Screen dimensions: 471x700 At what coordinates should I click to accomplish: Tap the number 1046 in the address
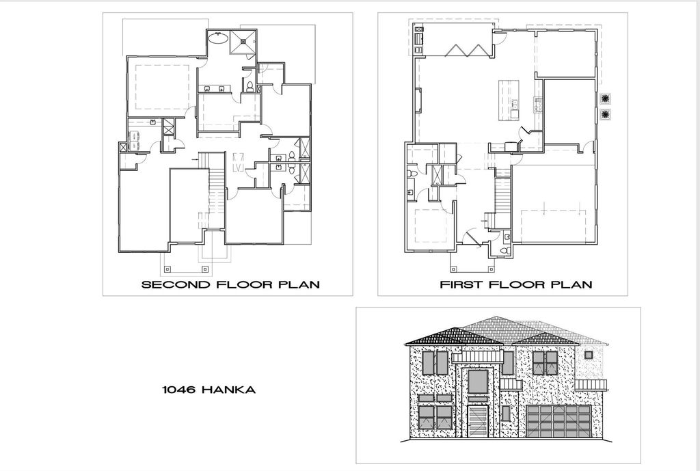pyautogui.click(x=178, y=390)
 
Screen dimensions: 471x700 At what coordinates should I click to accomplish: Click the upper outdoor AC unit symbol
pyautogui.click(x=605, y=98)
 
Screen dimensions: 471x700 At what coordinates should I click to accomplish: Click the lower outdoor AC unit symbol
pyautogui.click(x=605, y=114)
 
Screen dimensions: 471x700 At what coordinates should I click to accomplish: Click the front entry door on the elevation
pyautogui.click(x=477, y=423)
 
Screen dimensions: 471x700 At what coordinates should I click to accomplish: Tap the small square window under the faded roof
pyautogui.click(x=589, y=354)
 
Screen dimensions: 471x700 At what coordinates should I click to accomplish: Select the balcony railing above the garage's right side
pyautogui.click(x=591, y=384)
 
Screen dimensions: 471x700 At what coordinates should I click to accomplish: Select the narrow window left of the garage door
pyautogui.click(x=506, y=413)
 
